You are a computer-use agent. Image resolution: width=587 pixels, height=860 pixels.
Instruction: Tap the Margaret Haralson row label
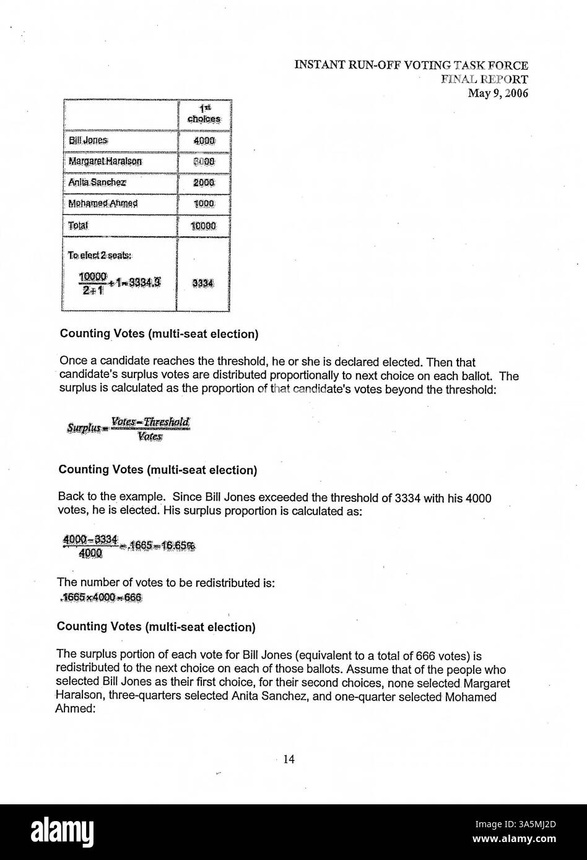pyautogui.click(x=105, y=161)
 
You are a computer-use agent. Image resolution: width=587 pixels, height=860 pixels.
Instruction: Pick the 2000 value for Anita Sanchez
pyautogui.click(x=204, y=183)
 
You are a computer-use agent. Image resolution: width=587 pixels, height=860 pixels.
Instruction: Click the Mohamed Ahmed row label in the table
pyautogui.click(x=103, y=204)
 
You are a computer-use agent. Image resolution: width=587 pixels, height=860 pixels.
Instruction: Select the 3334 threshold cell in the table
pyautogui.click(x=203, y=283)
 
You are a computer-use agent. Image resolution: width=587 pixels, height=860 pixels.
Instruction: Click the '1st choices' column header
pyautogui.click(x=204, y=113)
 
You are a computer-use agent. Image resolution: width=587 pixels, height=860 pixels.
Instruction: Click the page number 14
pyautogui.click(x=288, y=761)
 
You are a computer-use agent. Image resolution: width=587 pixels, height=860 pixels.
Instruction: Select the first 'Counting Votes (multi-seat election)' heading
pyautogui.click(x=159, y=334)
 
